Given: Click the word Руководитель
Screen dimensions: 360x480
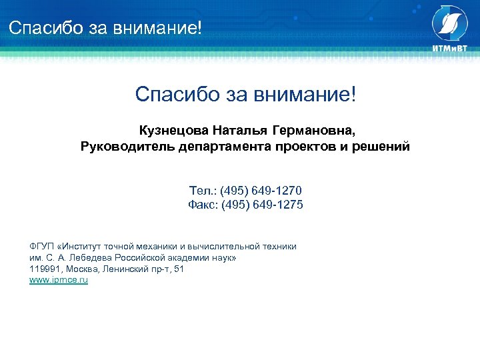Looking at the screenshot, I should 127,146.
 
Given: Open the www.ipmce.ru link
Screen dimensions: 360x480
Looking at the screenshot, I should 59,281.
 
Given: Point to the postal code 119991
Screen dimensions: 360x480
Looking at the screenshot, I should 43,269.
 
